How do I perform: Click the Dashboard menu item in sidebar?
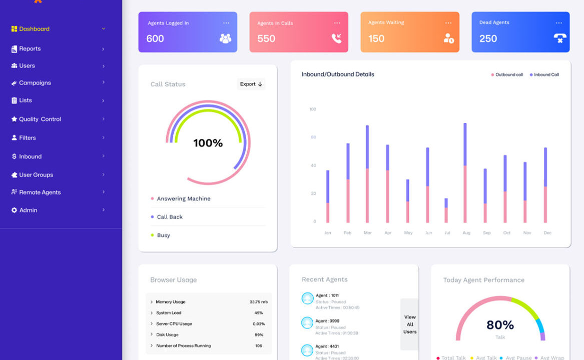point(34,29)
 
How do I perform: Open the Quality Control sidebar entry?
point(40,119)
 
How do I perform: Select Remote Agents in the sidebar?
point(40,192)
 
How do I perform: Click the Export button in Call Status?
point(251,84)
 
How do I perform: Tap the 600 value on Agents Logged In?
point(155,39)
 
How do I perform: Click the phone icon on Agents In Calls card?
point(336,38)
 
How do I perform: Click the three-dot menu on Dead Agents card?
point(559,23)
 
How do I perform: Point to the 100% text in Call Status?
point(208,143)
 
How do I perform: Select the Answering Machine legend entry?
point(183,199)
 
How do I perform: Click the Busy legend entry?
point(163,235)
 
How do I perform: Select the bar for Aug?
point(465,172)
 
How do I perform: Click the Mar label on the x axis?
point(368,233)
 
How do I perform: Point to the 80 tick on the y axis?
point(313,137)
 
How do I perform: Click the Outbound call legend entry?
point(508,75)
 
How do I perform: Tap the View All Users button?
point(410,324)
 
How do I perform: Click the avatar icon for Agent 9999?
point(307,323)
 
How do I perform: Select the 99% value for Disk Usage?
point(259,335)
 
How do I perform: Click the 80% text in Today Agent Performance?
point(500,325)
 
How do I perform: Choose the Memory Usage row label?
point(170,302)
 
